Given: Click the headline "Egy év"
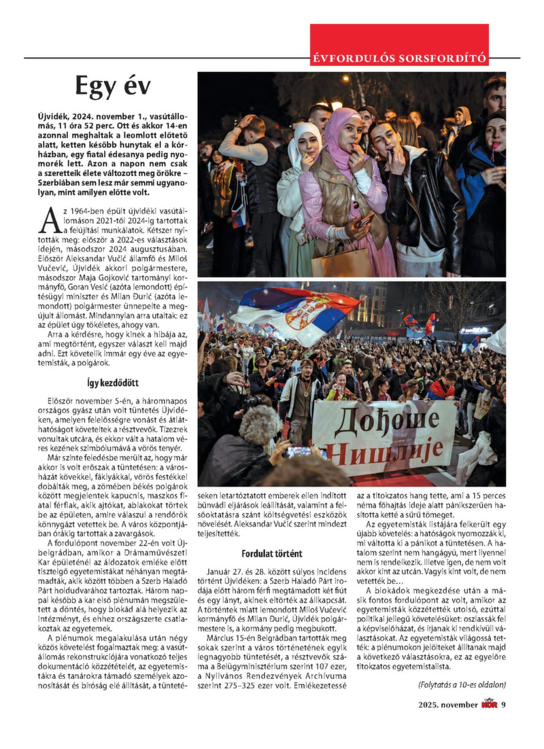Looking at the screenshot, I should [113, 88].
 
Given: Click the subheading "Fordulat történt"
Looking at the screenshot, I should [272, 553].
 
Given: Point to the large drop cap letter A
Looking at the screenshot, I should [50, 220].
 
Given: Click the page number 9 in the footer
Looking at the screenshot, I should [504, 704].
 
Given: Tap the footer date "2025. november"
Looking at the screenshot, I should [448, 705].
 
